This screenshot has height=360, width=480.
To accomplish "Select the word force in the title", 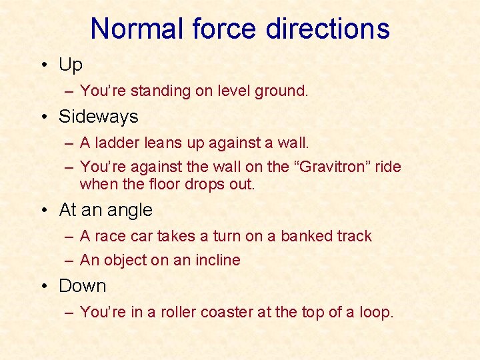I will pos(225,29).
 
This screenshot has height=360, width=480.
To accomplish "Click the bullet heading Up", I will pos(71,65).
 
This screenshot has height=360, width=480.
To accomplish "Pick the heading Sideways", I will pos(99,117).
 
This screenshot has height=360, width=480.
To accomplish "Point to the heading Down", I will pos(83,286).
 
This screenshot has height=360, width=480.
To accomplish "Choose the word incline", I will pos(217,260).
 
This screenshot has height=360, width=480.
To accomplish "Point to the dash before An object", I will pos(70,260).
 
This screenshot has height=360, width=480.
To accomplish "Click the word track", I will pos(354,236).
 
